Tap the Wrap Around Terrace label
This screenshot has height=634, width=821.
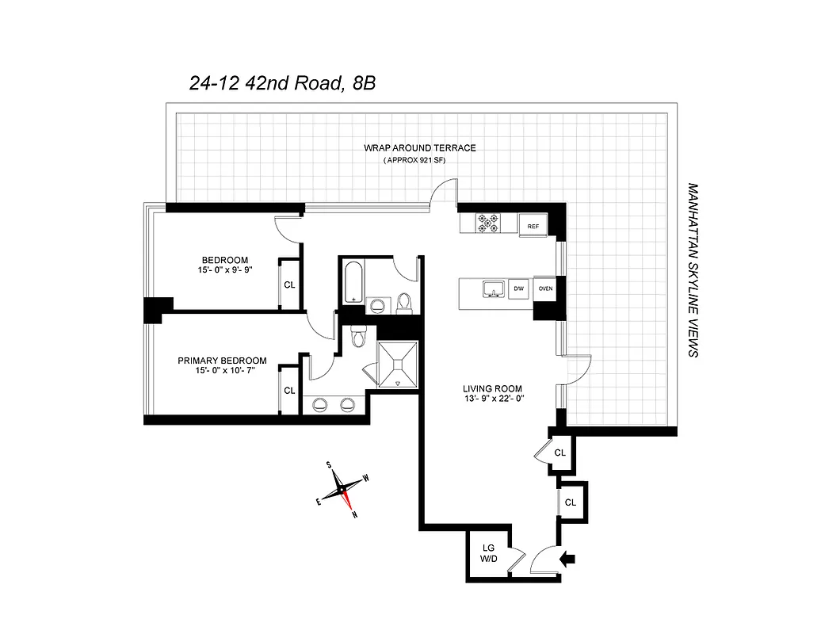tap(419, 148)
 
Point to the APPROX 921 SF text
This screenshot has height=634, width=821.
tap(420, 161)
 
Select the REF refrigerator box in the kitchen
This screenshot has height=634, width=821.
tap(533, 226)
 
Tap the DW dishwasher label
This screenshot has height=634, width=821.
tap(519, 288)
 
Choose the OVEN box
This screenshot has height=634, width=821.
tap(545, 288)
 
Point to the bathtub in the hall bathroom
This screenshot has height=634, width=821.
tap(353, 281)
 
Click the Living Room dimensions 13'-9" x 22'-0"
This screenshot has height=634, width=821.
tap(492, 399)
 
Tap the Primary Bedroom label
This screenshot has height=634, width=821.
tap(221, 361)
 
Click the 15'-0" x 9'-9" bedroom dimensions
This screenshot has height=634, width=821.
tap(225, 271)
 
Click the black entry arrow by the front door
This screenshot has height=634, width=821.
tap(568, 560)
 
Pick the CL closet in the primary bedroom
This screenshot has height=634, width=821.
tap(289, 390)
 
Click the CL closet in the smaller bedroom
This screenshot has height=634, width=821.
tap(289, 284)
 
